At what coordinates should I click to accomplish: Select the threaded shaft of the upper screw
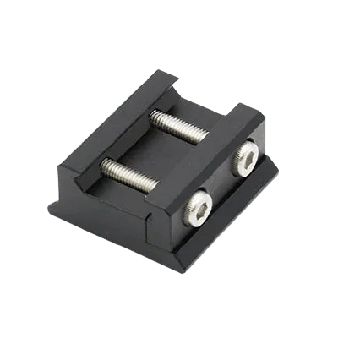pos(181,128)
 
